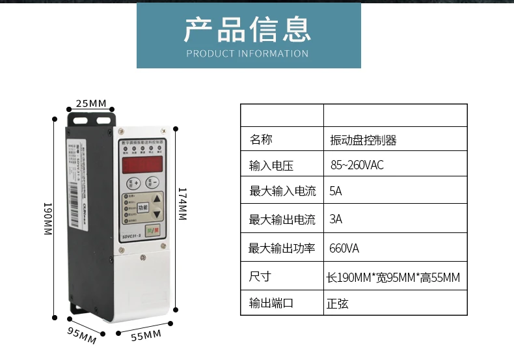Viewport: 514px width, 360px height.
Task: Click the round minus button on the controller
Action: click(152, 182)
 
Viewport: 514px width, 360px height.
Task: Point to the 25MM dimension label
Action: click(91, 104)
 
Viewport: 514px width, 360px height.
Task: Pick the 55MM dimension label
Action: click(146, 335)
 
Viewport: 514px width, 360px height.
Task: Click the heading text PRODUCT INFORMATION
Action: click(248, 53)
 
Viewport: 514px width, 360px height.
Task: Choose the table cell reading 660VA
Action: click(344, 249)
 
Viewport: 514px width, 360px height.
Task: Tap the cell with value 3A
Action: click(336, 219)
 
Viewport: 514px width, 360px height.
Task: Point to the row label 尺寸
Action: click(260, 277)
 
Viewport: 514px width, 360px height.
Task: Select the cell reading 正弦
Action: click(338, 303)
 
